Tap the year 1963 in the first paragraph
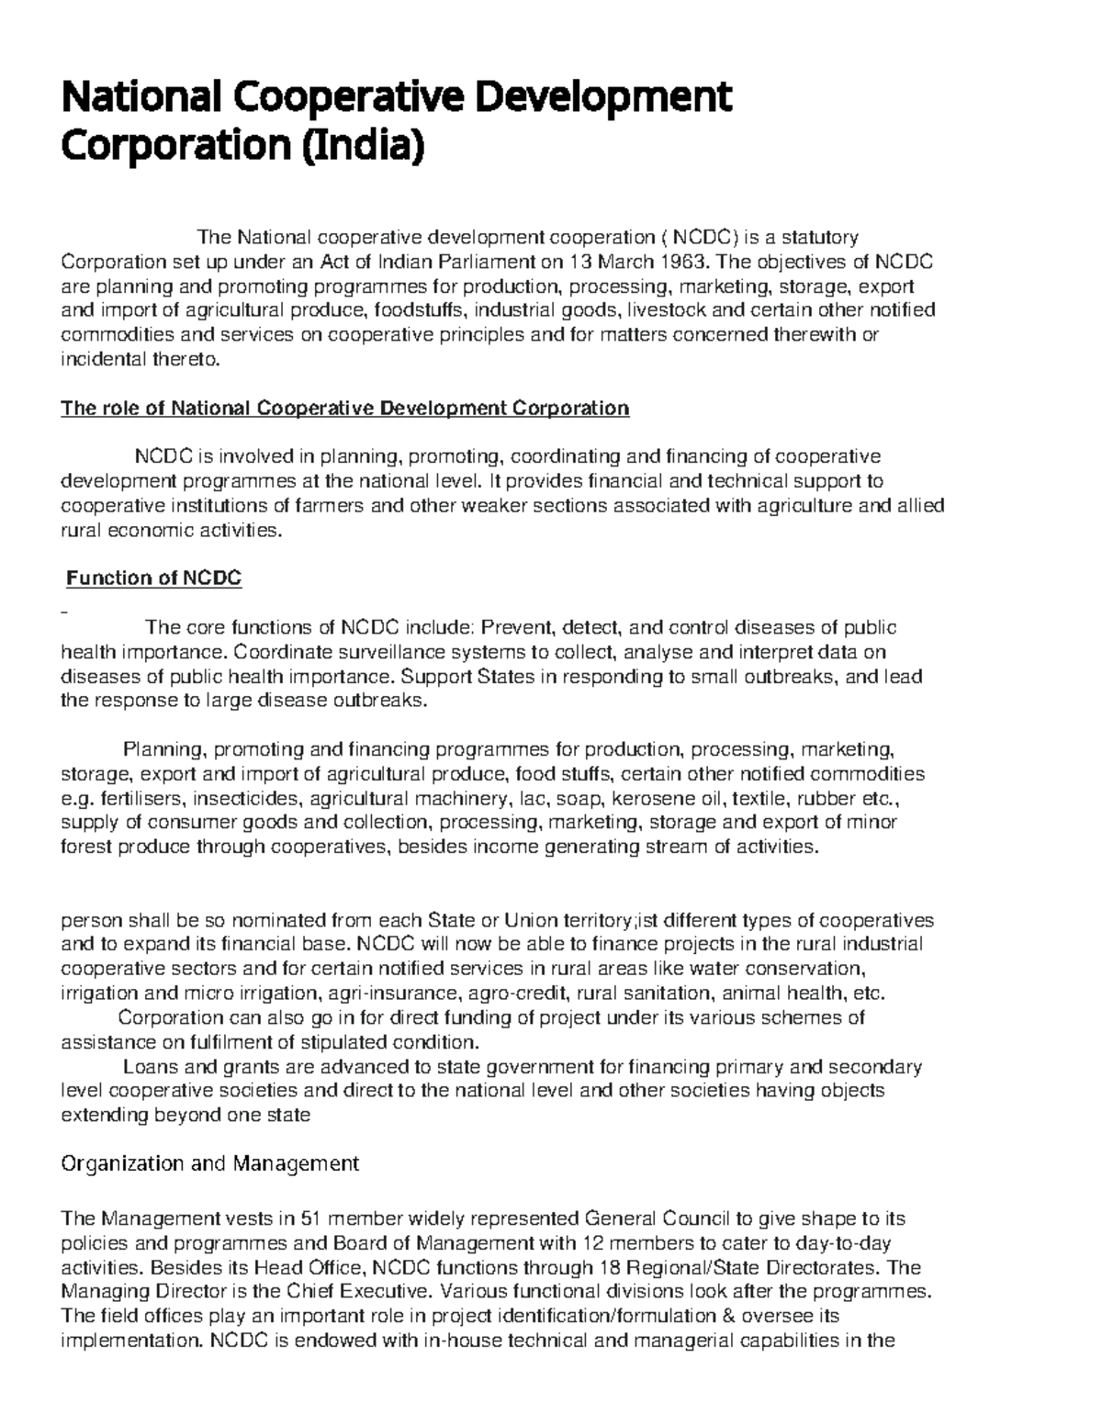672,263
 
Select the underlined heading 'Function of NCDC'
154,578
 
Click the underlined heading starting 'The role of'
344,408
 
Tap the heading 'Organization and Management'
209,1163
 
